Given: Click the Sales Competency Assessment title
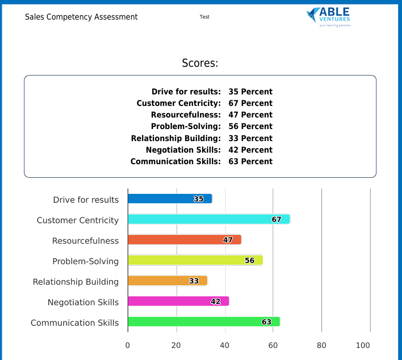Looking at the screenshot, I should tap(81, 17).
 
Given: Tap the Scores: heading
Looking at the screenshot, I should tap(200, 63).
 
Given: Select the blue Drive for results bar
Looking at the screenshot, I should tap(161, 199).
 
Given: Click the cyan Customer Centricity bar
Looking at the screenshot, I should tap(201, 219).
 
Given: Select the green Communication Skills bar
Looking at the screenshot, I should tap(196, 322).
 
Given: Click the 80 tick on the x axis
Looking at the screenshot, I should tap(322, 345).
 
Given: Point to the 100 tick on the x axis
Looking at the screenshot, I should tap(363, 345).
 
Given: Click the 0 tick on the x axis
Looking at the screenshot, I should tap(127, 345).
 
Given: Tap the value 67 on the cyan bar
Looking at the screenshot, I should tap(277, 219).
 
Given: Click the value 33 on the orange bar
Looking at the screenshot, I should tap(194, 281).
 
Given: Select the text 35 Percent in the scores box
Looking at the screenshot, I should tap(250, 92).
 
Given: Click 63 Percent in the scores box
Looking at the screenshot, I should tap(250, 162).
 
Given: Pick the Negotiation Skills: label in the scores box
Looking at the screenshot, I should tap(183, 150).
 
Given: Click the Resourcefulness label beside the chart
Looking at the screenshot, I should tap(85, 241).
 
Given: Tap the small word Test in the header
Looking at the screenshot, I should tap(204, 17).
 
